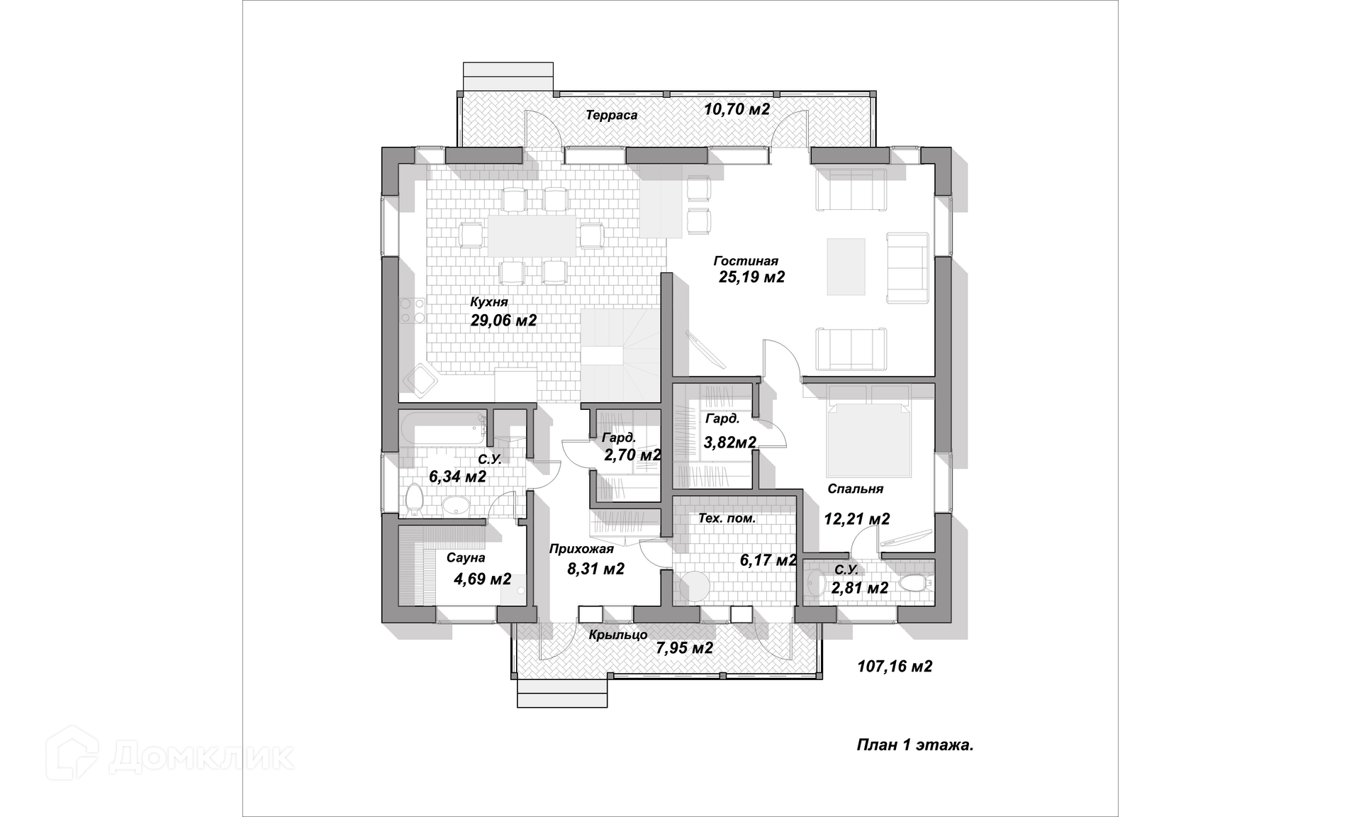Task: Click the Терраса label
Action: (x=611, y=115)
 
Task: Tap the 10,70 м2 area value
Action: (x=736, y=109)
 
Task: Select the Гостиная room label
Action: (x=746, y=261)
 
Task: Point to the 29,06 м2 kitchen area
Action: (x=503, y=321)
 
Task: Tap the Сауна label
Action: (x=466, y=558)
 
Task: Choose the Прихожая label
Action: (x=581, y=548)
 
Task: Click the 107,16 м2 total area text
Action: (x=895, y=667)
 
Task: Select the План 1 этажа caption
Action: (x=914, y=745)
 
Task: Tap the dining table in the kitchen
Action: (x=532, y=235)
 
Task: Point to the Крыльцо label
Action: (x=618, y=635)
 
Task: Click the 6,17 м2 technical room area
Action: (x=768, y=561)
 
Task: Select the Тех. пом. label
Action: (x=727, y=518)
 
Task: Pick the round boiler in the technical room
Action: (x=695, y=587)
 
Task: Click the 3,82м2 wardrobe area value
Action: (x=729, y=443)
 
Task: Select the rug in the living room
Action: (x=846, y=266)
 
